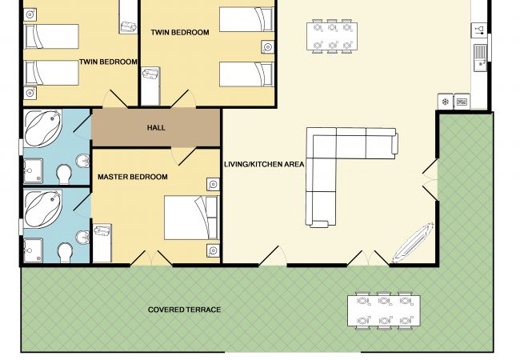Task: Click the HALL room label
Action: pyautogui.click(x=156, y=128)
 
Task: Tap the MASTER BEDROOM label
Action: pyautogui.click(x=132, y=177)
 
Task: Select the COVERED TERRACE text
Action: pyautogui.click(x=184, y=310)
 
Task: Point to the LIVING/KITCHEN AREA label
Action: pyautogui.click(x=264, y=164)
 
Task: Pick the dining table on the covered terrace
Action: pyautogui.click(x=384, y=310)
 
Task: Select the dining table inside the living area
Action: pyautogui.click(x=332, y=36)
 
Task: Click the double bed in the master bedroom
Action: pyautogui.click(x=192, y=218)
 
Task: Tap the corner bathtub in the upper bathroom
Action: pyautogui.click(x=43, y=128)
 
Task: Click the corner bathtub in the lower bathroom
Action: pyautogui.click(x=43, y=209)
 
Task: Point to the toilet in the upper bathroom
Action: pyautogui.click(x=64, y=174)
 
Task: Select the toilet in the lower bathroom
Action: pyautogui.click(x=65, y=254)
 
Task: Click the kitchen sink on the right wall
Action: pyautogui.click(x=480, y=58)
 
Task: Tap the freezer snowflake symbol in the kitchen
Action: pyautogui.click(x=446, y=102)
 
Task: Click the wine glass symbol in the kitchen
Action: pyautogui.click(x=479, y=30)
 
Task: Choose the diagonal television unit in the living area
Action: pyautogui.click(x=413, y=242)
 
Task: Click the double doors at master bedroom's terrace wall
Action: pyautogui.click(x=151, y=258)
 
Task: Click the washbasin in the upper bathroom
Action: pyautogui.click(x=82, y=162)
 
